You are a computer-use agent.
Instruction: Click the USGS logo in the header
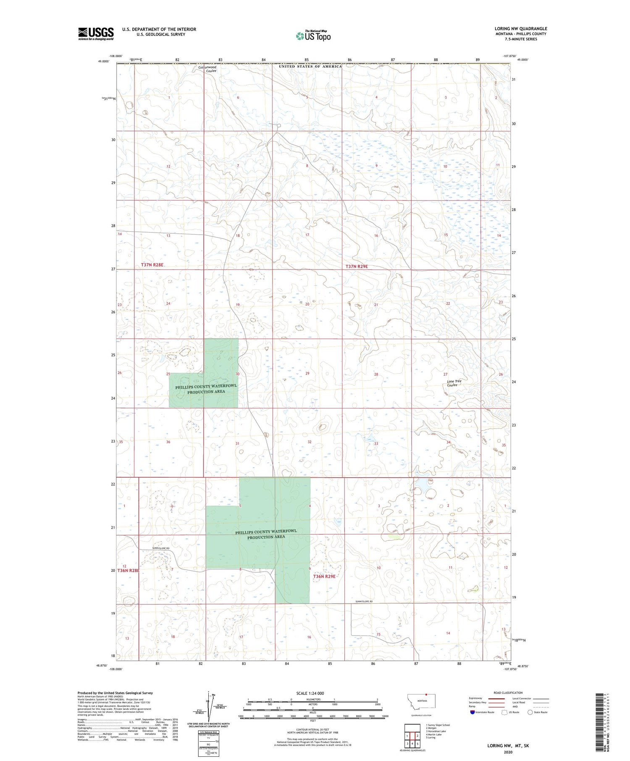tap(96, 34)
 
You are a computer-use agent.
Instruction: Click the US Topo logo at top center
tap(313, 36)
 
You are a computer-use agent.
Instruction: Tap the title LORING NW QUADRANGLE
tap(520, 29)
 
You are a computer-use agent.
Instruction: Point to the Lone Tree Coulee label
tap(454, 383)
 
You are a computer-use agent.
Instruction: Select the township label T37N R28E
tap(152, 265)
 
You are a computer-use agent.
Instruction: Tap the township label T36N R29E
tap(324, 576)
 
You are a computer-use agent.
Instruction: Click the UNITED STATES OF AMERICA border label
tap(310, 66)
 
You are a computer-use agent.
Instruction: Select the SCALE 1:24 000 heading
tap(310, 693)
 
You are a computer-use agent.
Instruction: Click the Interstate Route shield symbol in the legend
tap(473, 712)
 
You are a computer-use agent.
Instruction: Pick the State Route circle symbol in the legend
tap(530, 712)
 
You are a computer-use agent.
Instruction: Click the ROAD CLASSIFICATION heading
tap(507, 693)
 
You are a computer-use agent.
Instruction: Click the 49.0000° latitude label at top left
tap(103, 61)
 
